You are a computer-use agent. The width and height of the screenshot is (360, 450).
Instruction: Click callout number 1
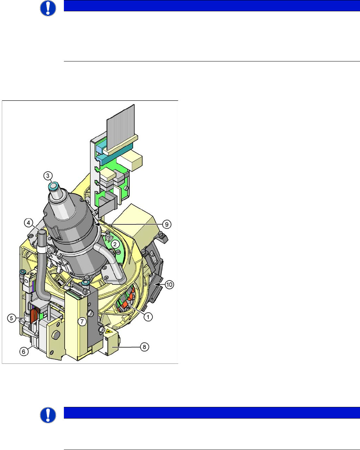[148, 317]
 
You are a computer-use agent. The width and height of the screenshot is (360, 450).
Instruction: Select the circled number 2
[115, 244]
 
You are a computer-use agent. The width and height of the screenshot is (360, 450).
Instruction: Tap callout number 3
[48, 176]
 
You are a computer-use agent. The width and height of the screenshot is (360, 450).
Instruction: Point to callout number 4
[29, 223]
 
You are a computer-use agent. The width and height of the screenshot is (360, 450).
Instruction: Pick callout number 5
[12, 318]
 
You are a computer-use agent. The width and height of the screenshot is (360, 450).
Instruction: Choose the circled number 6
[24, 351]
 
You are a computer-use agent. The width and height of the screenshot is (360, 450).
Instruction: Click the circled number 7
[82, 321]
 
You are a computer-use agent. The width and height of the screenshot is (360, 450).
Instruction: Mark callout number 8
[144, 347]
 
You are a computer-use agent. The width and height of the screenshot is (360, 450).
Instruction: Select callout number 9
[167, 224]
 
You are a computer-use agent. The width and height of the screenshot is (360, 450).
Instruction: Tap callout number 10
[169, 285]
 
